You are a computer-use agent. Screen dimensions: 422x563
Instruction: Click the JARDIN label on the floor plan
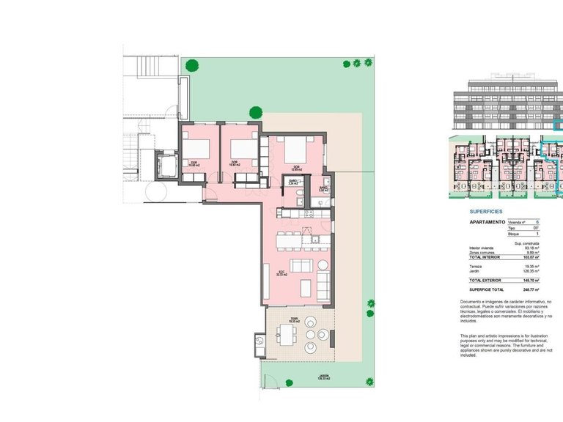coord(323,379)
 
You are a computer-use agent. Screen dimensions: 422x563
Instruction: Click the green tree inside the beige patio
coord(256,112)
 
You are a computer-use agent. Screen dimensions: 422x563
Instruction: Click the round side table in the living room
coord(322,264)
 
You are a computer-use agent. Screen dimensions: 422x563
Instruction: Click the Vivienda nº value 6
coord(537,221)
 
